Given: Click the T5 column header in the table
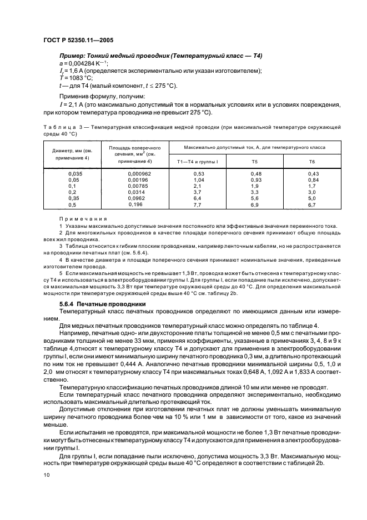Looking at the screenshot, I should pos(254,161).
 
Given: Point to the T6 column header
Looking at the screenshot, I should pos(311,161).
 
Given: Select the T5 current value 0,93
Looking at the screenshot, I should pos(254,181).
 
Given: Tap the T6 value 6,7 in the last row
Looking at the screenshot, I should pos(311,205).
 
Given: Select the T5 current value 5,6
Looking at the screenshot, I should pos(254,199).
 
